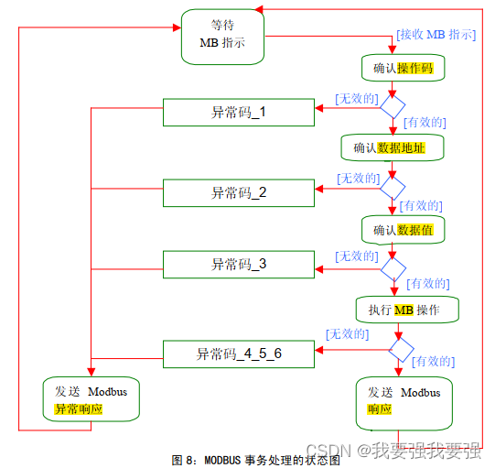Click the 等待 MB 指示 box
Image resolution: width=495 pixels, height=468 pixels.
coord(222,37)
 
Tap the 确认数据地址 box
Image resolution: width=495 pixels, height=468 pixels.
coord(392,147)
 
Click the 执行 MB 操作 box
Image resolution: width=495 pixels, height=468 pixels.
coord(407,310)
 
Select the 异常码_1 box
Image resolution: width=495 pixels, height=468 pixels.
coord(239,113)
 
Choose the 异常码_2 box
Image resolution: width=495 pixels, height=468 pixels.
coord(239,192)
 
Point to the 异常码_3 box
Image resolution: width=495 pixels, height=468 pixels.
coord(239,264)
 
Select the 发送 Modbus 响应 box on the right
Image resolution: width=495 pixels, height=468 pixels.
coord(404,401)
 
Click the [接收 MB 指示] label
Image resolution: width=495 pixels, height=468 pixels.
coord(436,35)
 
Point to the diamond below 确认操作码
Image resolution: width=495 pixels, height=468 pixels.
coord(393,106)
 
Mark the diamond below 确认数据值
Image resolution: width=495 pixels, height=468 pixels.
coord(393,267)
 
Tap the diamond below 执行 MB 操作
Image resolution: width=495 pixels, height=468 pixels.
coord(400,349)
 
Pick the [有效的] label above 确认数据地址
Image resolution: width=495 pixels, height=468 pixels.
coord(425,122)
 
